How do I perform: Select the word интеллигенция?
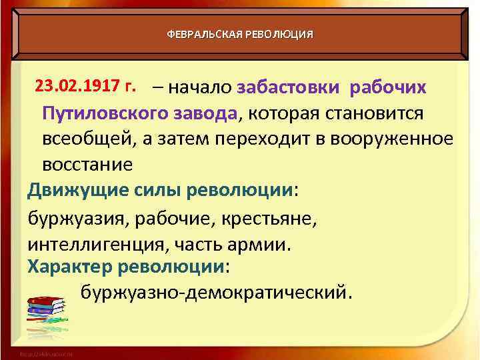pos(97,243)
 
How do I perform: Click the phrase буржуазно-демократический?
pos(213,291)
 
